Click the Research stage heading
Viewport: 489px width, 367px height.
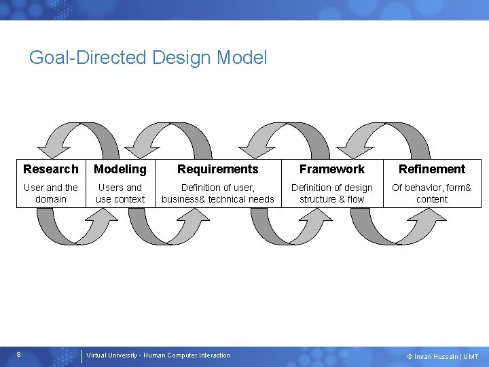click(51, 169)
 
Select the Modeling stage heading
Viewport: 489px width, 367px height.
click(120, 169)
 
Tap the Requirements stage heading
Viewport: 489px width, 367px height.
click(218, 169)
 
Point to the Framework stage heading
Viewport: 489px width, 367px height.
click(332, 169)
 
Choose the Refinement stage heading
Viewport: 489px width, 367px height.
click(432, 169)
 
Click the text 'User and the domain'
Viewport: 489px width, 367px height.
click(51, 193)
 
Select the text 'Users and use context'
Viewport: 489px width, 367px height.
click(120, 193)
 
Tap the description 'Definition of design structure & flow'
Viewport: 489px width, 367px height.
click(332, 193)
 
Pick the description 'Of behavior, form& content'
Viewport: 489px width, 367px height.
click(432, 193)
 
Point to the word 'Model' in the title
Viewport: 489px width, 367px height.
click(242, 58)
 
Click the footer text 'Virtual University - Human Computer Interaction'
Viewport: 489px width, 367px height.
click(158, 355)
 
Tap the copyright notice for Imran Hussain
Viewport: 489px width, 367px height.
click(442, 356)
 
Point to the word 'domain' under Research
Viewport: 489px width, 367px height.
click(51, 199)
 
